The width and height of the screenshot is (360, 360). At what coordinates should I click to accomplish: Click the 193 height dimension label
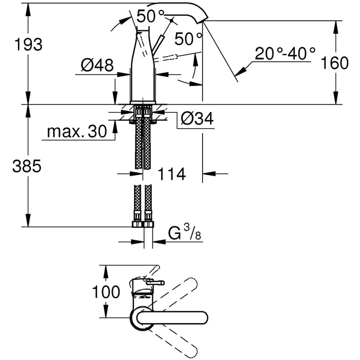28,45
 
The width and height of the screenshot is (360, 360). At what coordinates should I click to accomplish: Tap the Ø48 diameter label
97,66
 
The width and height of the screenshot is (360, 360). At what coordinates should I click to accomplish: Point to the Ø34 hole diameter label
197,118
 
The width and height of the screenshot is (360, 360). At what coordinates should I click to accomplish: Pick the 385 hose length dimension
27,166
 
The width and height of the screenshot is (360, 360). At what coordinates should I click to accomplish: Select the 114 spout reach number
171,174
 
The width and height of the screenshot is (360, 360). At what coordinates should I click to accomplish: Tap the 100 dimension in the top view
106,292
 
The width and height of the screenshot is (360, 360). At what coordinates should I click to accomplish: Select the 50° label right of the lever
188,39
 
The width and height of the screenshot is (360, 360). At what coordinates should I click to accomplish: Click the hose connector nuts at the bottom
143,224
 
